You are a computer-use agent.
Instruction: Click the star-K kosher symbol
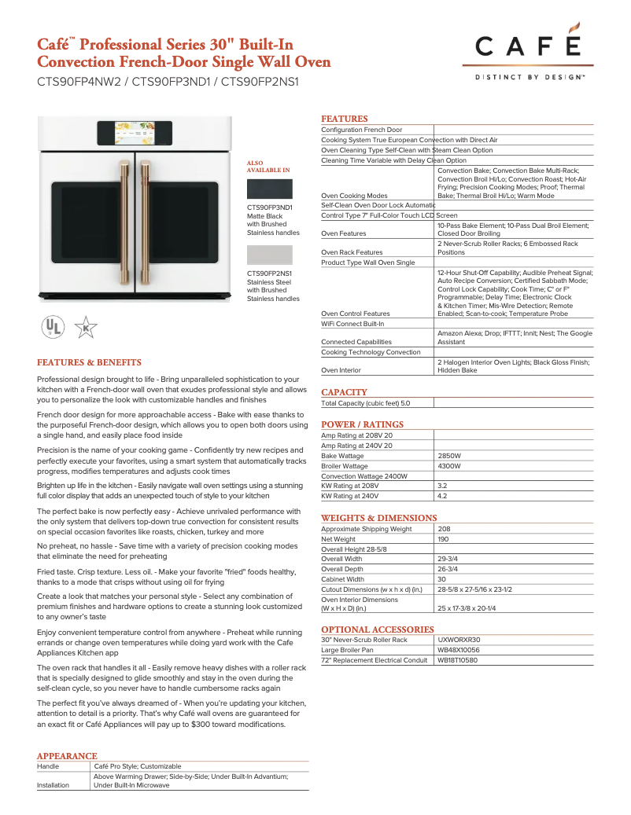click(85, 327)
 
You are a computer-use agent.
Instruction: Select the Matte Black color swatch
click(269, 189)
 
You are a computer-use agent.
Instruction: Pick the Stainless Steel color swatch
click(269, 255)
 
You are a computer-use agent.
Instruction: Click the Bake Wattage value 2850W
click(449, 456)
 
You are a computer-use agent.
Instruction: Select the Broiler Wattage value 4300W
click(449, 466)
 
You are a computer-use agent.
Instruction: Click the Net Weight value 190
click(445, 539)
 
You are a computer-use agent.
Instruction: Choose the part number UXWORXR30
click(458, 640)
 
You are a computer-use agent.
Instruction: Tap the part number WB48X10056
click(459, 650)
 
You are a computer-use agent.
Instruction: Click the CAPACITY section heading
click(344, 392)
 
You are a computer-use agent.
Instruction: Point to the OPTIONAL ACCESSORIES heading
click(378, 630)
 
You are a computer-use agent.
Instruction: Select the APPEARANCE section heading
click(67, 756)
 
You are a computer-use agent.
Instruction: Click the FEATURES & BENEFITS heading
click(89, 362)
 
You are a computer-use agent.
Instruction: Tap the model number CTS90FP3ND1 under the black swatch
click(270, 207)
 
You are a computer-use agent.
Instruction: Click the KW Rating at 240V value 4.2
click(442, 497)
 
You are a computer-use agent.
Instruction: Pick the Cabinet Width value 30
click(442, 579)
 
